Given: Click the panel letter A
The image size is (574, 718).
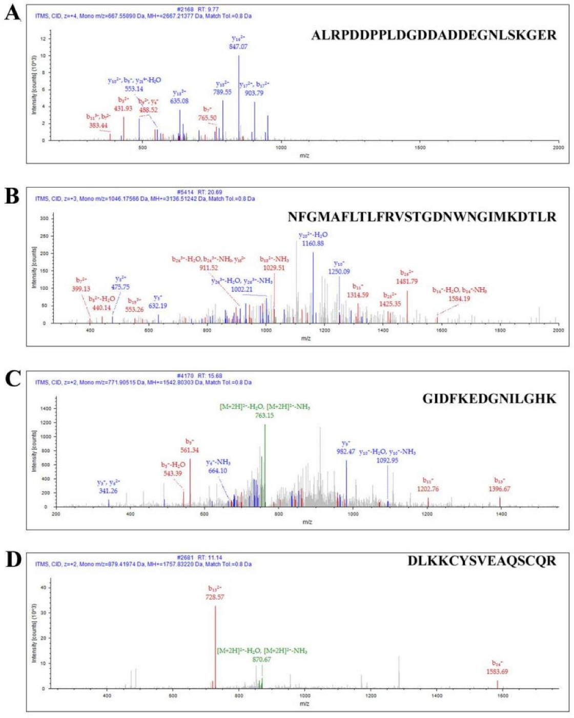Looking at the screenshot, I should tap(12, 13).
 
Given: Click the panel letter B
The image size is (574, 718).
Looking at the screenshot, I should tap(12, 196).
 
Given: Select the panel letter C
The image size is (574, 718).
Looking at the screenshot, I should tap(12, 379).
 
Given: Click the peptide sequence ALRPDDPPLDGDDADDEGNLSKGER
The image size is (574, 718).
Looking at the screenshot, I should tap(434, 35).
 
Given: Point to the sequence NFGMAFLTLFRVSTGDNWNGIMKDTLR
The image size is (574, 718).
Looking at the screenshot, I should tap(422, 217).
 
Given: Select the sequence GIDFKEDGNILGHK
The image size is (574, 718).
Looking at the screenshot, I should tap(489, 398).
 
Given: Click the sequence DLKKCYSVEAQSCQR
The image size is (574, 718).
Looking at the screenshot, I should tap(482, 561).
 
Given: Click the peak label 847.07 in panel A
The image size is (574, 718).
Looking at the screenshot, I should tap(239, 46).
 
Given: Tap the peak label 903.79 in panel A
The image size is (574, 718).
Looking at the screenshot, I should tap(254, 93).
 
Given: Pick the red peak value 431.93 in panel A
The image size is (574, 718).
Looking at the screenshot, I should tap(123, 108).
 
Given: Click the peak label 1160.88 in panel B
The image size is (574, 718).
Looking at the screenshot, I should tap(313, 243).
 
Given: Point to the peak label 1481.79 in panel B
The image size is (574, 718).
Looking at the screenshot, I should tap(407, 281).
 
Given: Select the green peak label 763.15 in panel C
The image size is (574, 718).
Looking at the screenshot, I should tap(265, 415).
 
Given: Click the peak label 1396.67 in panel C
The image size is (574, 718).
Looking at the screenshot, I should tap(500, 489).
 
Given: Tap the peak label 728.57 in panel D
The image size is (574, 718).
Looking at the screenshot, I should tap(216, 597).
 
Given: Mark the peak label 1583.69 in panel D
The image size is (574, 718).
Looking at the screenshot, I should tap(498, 671).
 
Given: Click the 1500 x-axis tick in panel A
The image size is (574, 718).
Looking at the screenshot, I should tap(420, 148).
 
